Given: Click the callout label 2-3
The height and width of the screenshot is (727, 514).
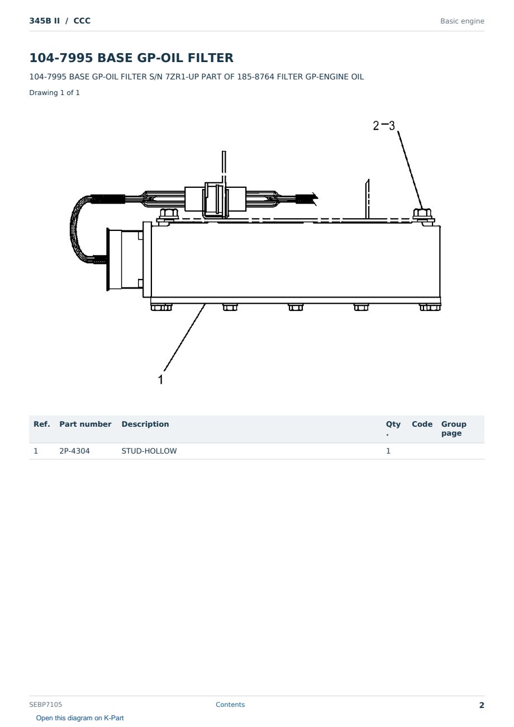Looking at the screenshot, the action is click(384, 126).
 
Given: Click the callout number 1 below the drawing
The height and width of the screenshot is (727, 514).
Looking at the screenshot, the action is click(160, 379).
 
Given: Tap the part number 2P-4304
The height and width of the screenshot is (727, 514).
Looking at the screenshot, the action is click(74, 451).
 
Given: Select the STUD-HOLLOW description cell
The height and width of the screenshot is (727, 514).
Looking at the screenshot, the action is click(149, 451).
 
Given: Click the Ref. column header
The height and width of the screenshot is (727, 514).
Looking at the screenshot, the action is click(42, 424).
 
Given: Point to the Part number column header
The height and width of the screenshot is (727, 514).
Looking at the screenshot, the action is click(85, 424).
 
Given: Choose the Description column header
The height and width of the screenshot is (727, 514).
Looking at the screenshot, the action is click(145, 424).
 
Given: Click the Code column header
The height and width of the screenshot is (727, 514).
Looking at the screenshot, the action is click(422, 424).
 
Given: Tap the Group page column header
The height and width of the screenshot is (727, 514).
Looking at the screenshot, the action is click(454, 428).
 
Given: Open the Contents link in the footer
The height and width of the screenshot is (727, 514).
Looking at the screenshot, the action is click(230, 705).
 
